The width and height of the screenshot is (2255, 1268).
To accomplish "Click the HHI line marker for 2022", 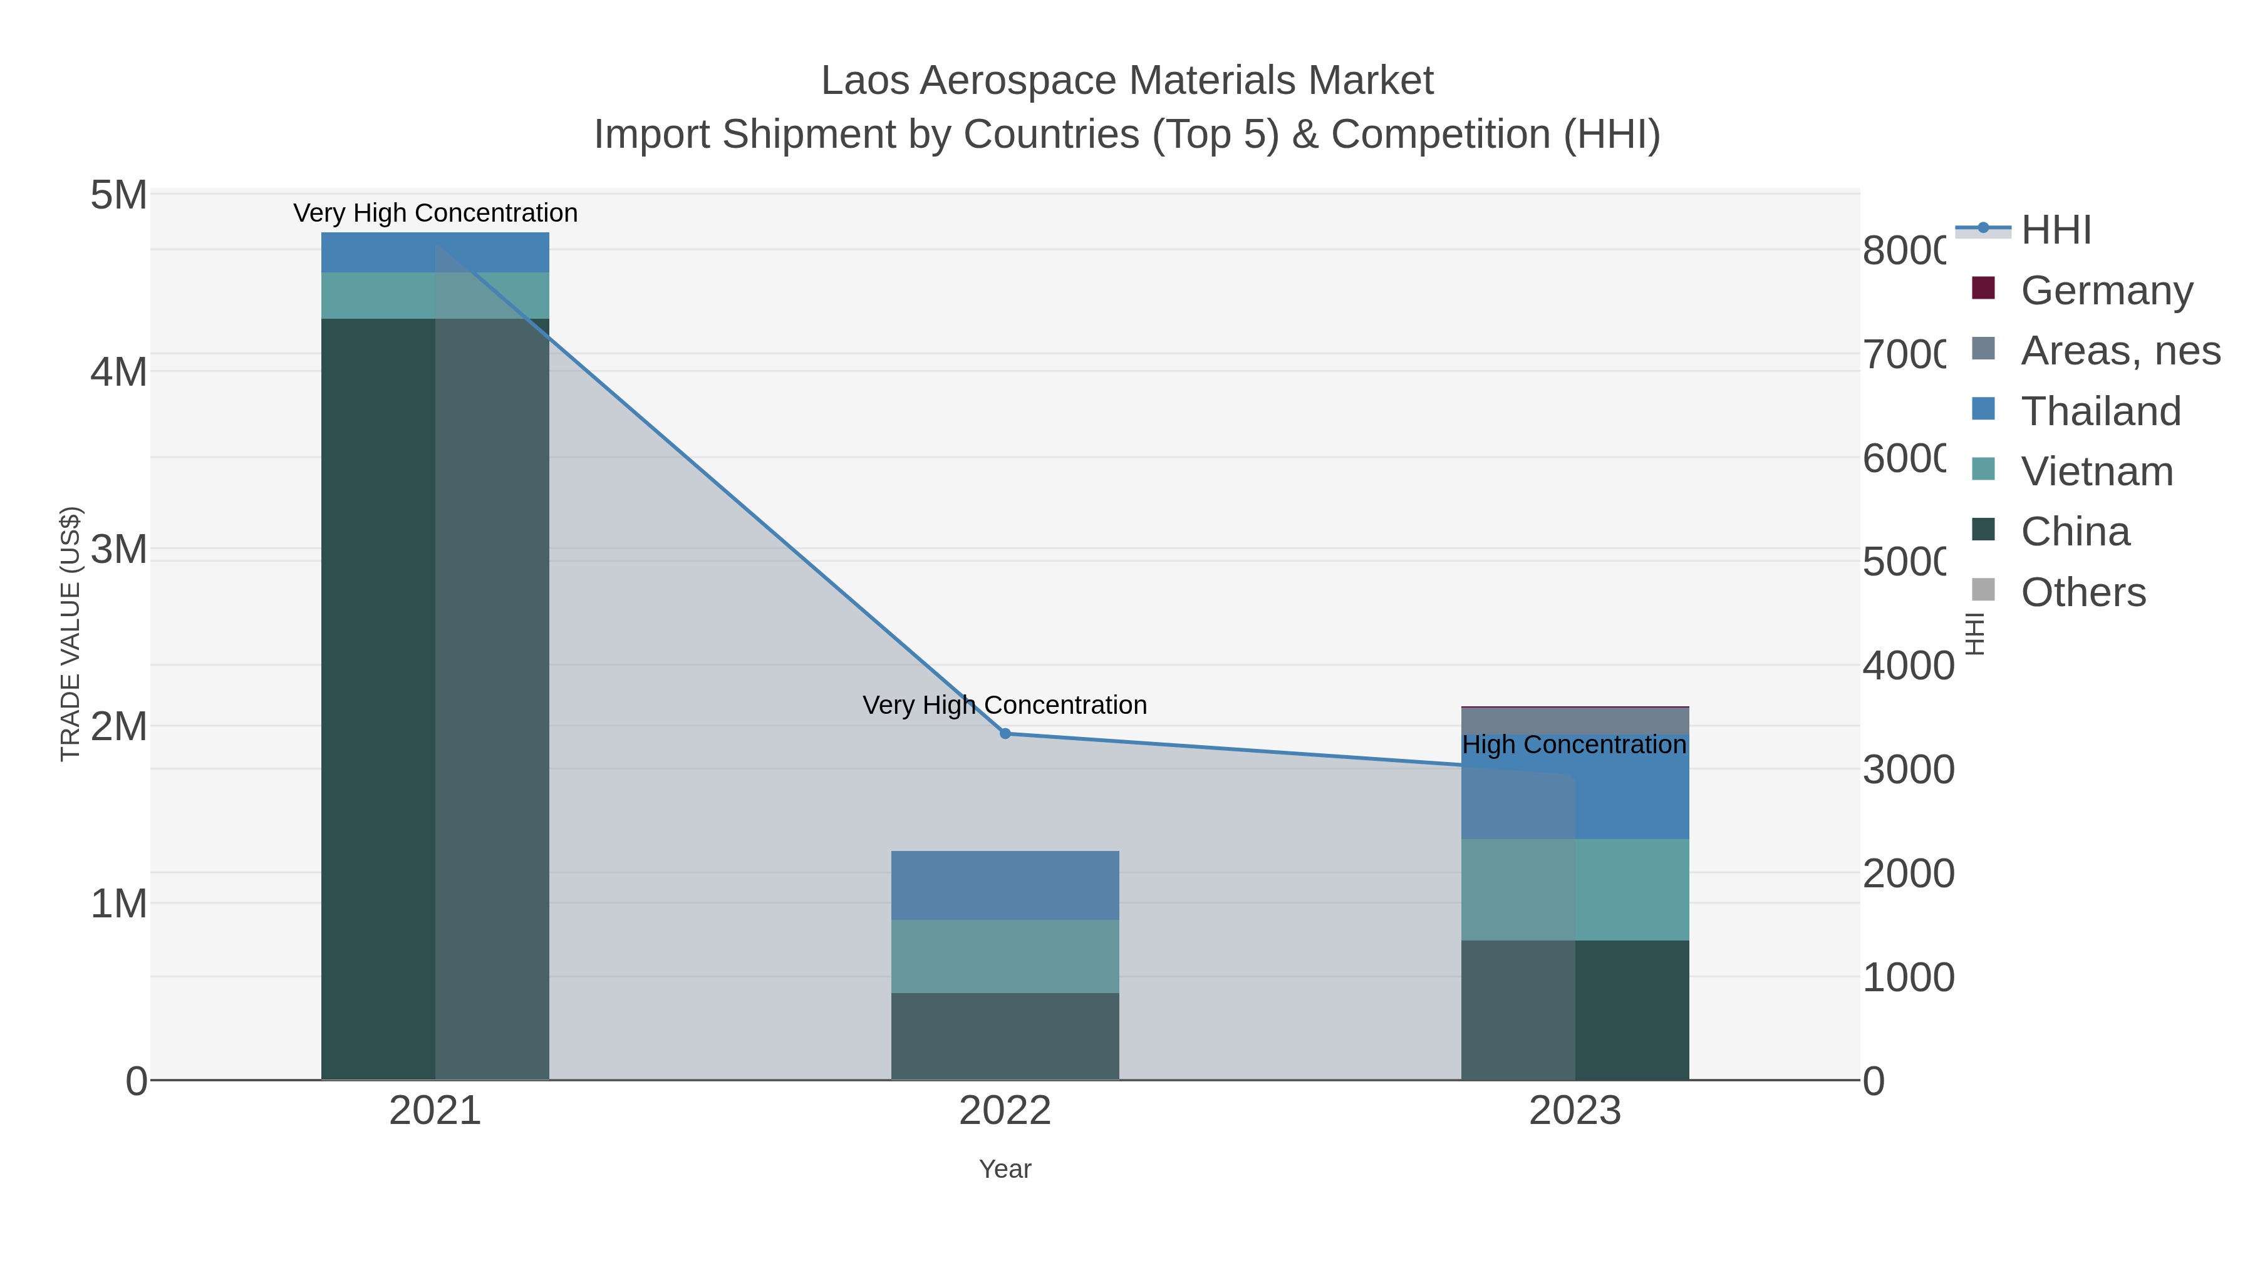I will pos(1005,733).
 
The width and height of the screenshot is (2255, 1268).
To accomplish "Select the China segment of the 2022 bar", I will pos(1005,1036).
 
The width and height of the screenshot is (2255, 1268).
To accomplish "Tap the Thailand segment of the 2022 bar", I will pos(1005,885).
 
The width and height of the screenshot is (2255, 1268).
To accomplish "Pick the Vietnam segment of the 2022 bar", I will pos(1005,956).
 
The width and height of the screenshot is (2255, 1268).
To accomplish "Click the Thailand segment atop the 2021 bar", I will pos(435,252).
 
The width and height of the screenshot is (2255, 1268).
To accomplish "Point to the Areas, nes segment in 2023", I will pos(1575,720).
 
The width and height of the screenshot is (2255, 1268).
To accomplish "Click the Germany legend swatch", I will pos(1984,288).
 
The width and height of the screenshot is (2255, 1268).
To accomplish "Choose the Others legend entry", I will pos(2083,592).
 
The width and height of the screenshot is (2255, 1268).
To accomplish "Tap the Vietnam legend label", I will pos(2097,472).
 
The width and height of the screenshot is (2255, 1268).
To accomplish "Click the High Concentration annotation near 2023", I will pos(1574,745).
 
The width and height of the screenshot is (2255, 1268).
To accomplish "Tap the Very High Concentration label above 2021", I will pos(435,214).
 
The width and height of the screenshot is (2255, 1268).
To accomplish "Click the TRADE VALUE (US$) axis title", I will pos(70,634).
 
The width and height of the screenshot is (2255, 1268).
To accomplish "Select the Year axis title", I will pos(1005,1169).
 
